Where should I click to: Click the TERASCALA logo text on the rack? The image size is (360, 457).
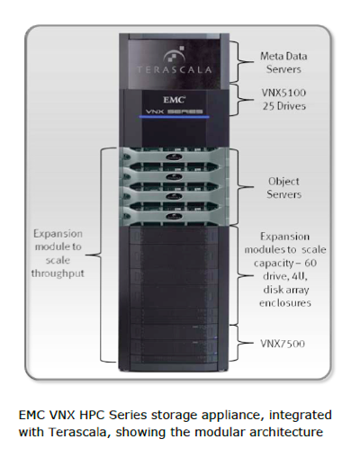tap(175, 70)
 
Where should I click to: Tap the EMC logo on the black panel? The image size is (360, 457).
tap(174, 100)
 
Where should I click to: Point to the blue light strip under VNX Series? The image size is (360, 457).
tap(174, 116)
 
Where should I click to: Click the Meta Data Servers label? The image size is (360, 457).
tap(283, 63)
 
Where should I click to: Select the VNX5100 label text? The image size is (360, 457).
tap(283, 93)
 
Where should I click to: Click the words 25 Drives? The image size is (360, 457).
tap(284, 106)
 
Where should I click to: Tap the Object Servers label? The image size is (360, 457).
tap(283, 188)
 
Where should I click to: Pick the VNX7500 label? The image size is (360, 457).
tap(283, 344)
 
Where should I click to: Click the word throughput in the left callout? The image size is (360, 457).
tap(58, 273)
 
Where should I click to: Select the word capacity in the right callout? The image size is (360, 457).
tap(274, 264)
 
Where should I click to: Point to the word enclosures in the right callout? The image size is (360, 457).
tap(285, 303)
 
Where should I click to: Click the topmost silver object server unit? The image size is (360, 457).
tap(174, 155)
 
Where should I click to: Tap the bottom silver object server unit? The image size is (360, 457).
tap(174, 214)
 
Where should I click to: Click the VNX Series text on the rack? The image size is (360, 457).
tap(174, 112)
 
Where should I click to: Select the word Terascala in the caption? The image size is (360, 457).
tap(77, 432)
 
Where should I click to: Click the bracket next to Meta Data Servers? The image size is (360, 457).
tap(239, 62)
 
